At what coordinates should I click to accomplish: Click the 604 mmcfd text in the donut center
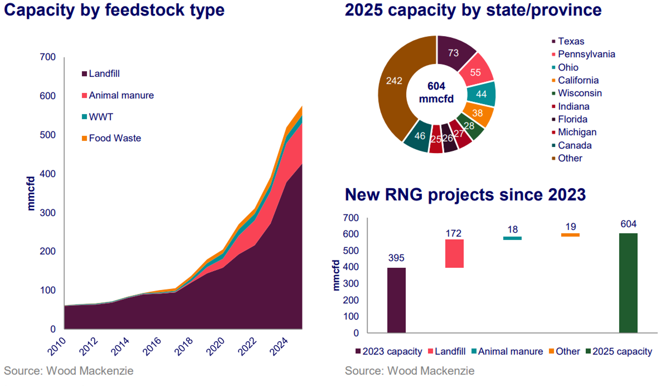point(436,92)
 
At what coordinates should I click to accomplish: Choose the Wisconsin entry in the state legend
point(579,93)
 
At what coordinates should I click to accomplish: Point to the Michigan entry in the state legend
point(577,132)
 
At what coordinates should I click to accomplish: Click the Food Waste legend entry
point(115,138)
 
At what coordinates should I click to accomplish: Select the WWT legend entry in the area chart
point(101,117)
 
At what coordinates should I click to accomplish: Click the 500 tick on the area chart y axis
point(48,135)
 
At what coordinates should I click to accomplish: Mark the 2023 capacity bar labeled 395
point(396,300)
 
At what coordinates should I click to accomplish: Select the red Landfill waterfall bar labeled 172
point(454,253)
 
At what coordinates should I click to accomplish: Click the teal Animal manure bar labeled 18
point(512,238)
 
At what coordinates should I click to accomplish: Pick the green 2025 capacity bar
point(628,283)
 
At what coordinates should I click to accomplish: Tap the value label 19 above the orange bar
point(570,227)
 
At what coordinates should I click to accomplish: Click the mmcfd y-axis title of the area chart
point(31,193)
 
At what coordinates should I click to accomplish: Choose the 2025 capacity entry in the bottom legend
point(622,351)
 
